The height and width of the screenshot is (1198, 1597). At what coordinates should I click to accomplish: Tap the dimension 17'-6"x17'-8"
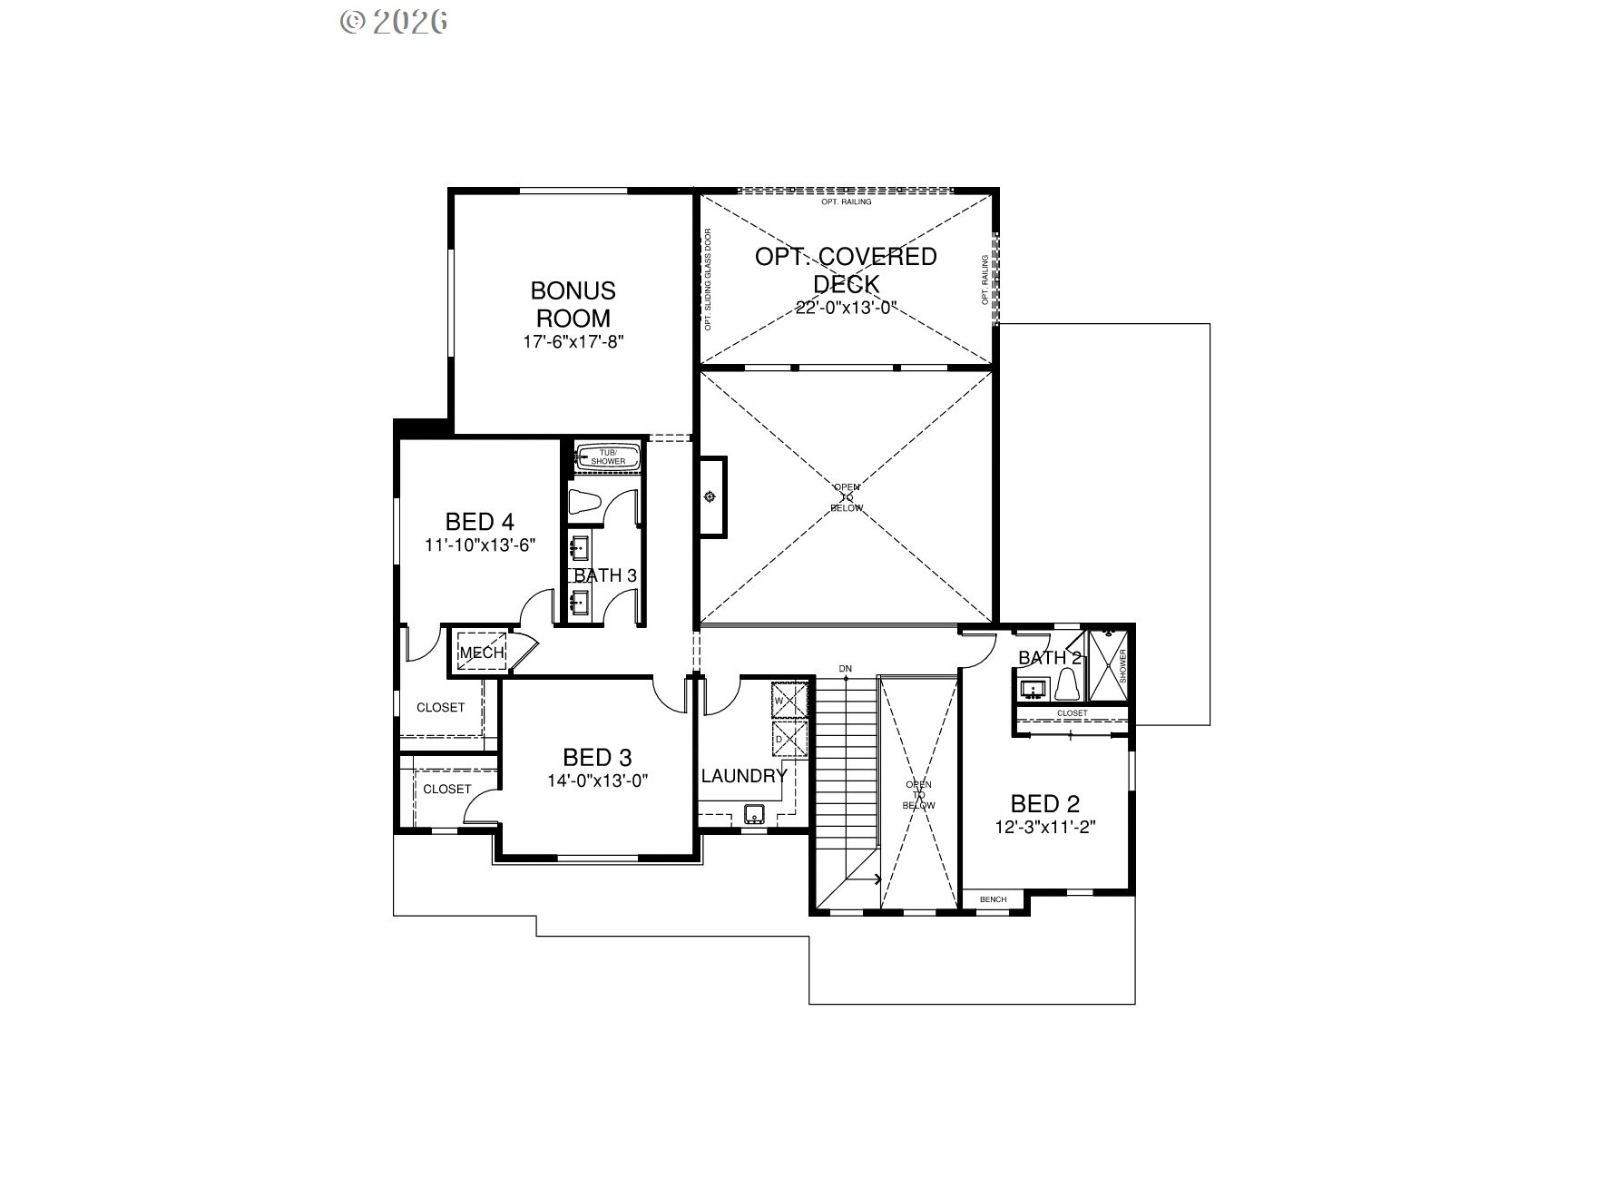point(573,342)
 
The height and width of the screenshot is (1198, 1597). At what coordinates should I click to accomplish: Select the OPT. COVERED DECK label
point(846,270)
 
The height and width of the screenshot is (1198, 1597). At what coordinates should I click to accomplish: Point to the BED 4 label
point(480,522)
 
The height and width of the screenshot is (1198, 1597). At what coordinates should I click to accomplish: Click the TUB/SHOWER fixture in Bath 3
point(608,457)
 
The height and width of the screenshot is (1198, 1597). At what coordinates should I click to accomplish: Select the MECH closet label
point(481,653)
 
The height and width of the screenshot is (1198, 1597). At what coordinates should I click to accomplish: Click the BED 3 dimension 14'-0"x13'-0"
point(597,781)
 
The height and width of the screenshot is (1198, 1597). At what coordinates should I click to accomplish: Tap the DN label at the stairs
point(846,669)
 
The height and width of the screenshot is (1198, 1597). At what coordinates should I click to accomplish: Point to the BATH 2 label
point(1049,658)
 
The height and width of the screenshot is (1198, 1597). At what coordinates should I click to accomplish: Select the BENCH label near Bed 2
point(993,899)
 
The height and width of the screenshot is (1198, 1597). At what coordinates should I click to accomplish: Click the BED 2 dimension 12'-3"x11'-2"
point(1046,828)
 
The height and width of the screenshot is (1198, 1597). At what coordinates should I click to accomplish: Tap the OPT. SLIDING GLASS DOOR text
point(708,279)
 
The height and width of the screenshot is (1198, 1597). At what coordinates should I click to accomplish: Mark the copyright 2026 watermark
point(394,21)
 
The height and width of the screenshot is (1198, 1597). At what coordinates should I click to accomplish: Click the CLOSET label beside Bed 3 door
point(447,789)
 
